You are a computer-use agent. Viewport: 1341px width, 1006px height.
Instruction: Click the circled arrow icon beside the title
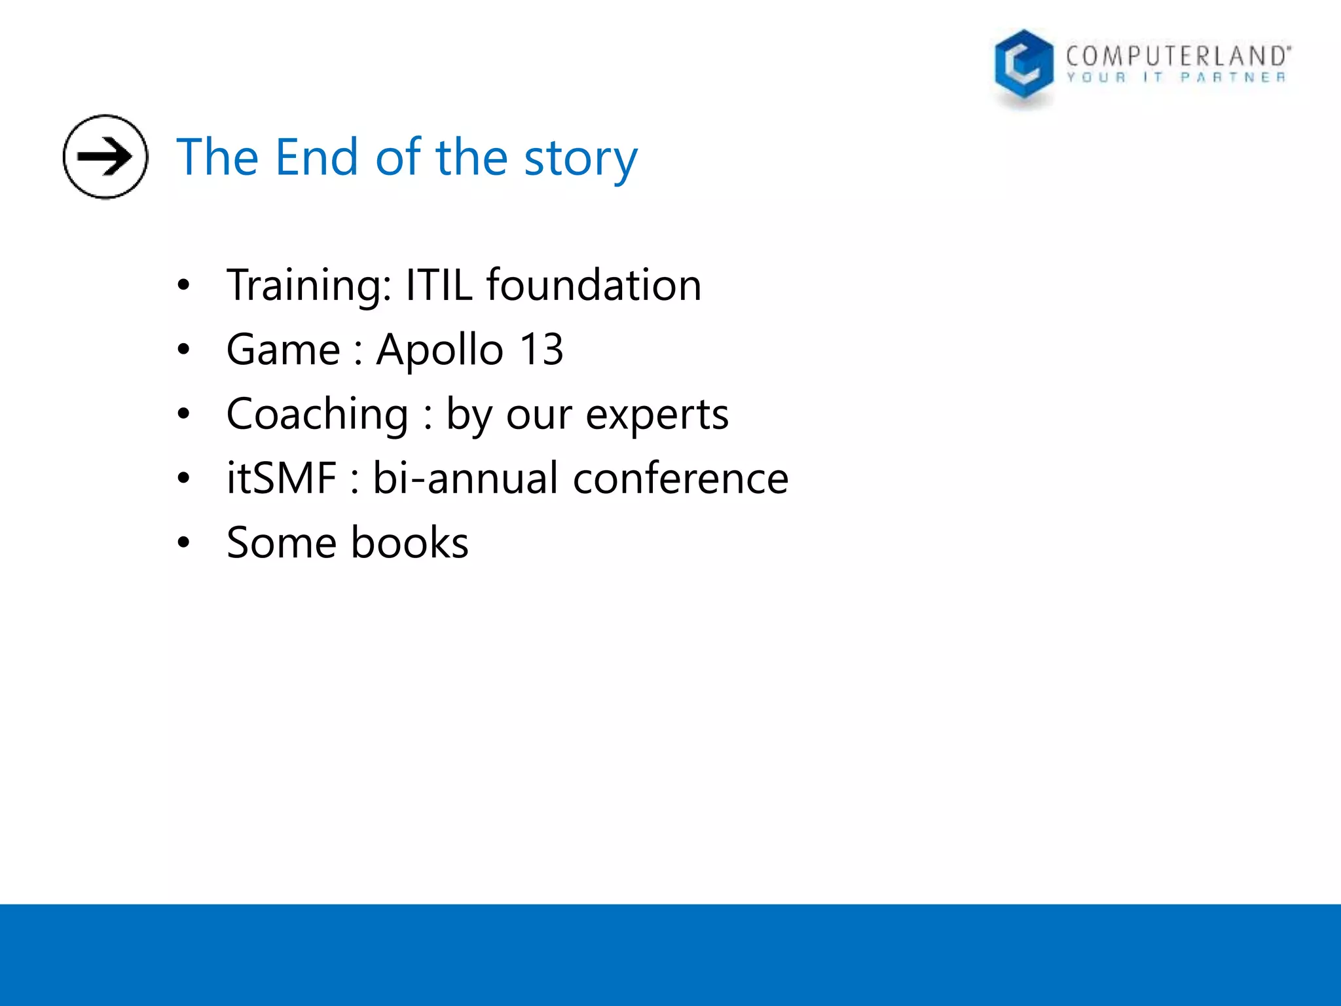pyautogui.click(x=105, y=157)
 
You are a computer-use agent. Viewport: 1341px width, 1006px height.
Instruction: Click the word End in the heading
pyautogui.click(x=316, y=158)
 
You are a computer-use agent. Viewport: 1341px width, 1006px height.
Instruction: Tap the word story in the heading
pyautogui.click(x=580, y=160)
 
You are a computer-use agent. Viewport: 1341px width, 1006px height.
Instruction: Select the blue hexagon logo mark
pyautogui.click(x=1023, y=65)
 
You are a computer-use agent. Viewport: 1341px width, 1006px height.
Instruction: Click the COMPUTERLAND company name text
pyautogui.click(x=1177, y=56)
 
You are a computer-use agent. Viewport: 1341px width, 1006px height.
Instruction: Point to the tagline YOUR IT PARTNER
pyautogui.click(x=1176, y=78)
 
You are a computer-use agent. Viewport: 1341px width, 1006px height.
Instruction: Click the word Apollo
pyautogui.click(x=439, y=350)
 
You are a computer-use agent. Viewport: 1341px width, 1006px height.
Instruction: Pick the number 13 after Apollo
pyautogui.click(x=541, y=350)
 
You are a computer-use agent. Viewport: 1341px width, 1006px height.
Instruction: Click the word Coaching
pyautogui.click(x=318, y=415)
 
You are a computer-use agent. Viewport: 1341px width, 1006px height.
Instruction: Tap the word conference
pyautogui.click(x=680, y=478)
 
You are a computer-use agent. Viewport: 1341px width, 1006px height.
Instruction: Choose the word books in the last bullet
pyautogui.click(x=409, y=543)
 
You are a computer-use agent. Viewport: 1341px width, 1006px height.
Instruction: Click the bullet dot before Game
pyautogui.click(x=183, y=350)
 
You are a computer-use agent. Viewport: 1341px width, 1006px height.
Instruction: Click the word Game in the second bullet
pyautogui.click(x=283, y=350)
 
